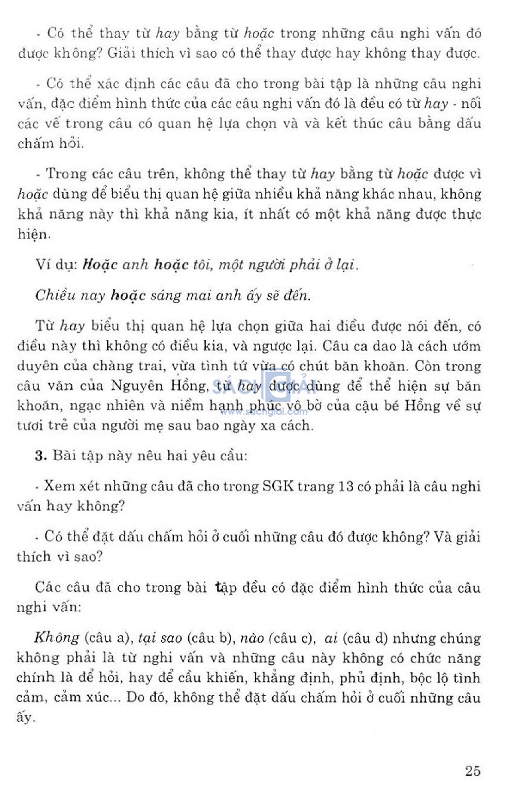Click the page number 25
pos(472,771)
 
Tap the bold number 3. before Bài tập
pos(41,456)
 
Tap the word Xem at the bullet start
pos(60,486)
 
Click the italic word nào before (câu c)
pos(252,638)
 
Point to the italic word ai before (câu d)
pos(331,638)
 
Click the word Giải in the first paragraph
pos(121,53)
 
